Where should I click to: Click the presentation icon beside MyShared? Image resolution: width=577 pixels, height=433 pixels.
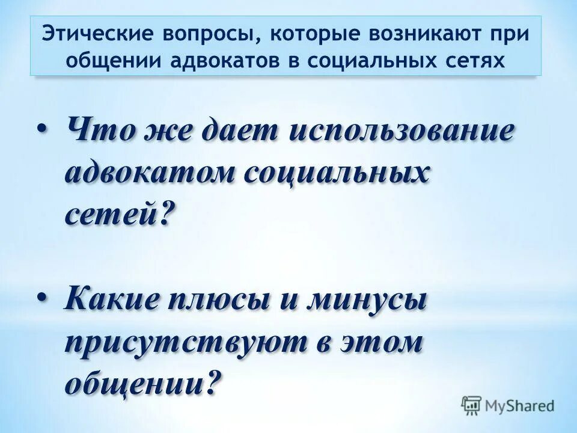tap(471, 405)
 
